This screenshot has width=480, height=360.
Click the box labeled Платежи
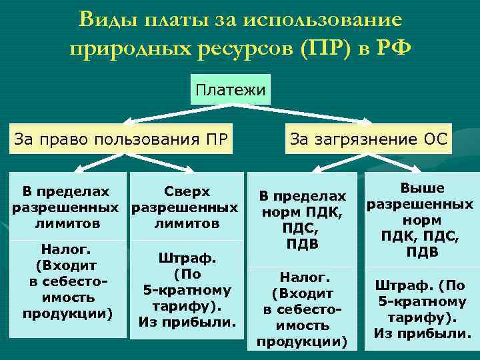[231, 89]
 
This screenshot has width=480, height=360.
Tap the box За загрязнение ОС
[369, 139]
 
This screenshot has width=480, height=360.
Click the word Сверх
[186, 192]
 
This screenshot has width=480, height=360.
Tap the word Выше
[421, 189]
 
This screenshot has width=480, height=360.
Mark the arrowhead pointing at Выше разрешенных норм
[418, 171]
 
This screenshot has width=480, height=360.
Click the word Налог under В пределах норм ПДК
[302, 277]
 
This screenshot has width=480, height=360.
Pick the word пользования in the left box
[146, 139]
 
